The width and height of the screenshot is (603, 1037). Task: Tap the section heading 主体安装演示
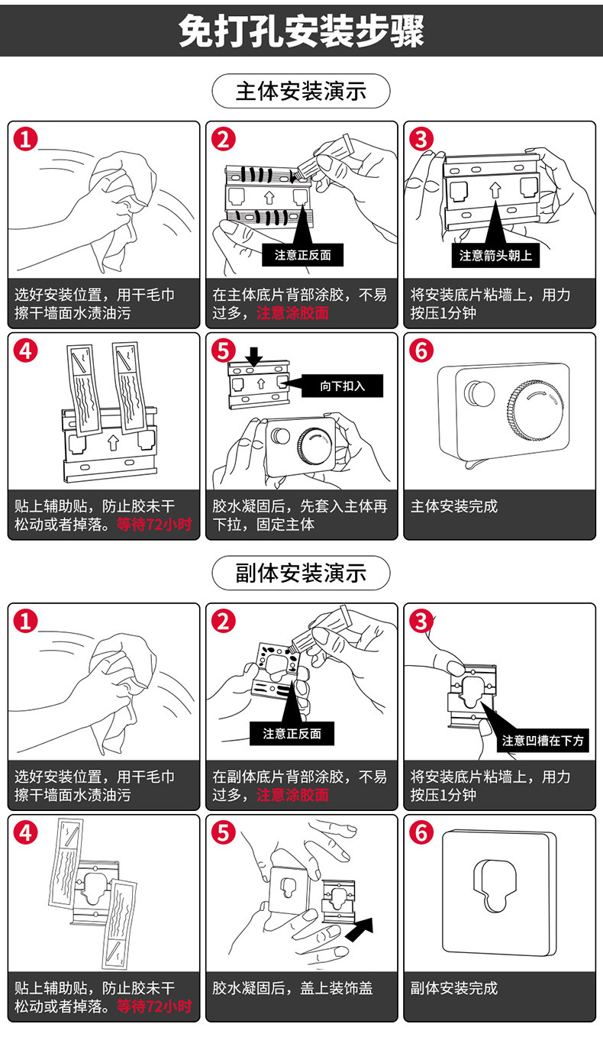pos(301,92)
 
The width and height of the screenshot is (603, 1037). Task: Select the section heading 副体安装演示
pos(301,572)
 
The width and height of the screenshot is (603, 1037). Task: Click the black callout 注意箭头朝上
pos(495,256)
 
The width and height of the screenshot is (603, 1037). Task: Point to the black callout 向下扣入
pos(343,386)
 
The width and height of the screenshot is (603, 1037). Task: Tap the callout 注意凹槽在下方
pos(543,741)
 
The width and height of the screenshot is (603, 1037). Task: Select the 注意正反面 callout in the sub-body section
pos(292,734)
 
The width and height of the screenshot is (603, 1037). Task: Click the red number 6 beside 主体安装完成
pos(421,351)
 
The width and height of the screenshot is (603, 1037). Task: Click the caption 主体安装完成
pos(453,506)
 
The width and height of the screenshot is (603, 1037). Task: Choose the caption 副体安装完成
pos(453,988)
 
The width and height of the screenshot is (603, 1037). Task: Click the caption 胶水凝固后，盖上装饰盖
pos(292,988)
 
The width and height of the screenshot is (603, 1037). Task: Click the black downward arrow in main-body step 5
pos(254,354)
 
